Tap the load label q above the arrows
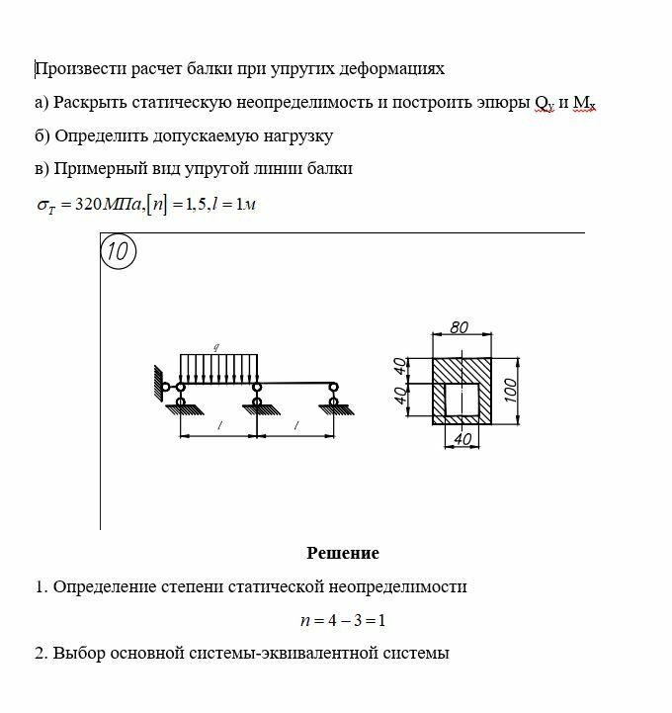click(215, 346)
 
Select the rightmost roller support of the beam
click(334, 396)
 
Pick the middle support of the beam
click(257, 396)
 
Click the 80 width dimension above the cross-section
click(459, 327)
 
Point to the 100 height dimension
click(510, 389)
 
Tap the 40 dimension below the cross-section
click(460, 438)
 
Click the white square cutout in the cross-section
click(461, 400)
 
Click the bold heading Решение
click(342, 553)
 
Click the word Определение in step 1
click(100, 586)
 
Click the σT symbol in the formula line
click(44, 206)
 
